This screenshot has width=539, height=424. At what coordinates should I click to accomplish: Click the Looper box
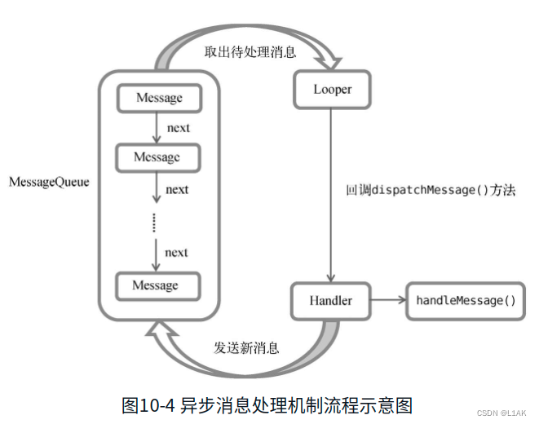pos(331,90)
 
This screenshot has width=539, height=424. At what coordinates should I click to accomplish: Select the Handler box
pos(331,301)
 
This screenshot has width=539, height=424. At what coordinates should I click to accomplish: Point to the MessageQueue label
pos(49,182)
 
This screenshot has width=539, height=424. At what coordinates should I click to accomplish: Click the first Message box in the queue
pos(158,98)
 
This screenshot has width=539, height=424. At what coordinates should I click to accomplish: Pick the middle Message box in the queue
pos(157,156)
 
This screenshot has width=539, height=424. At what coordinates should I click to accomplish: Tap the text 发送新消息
pos(247,347)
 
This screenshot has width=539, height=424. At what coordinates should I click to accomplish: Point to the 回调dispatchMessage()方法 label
pos(430,190)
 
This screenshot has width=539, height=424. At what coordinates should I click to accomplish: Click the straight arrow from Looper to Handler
pos(330,196)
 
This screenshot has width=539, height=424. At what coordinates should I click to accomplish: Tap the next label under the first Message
pos(178,128)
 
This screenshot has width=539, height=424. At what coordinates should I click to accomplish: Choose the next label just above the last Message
pos(176,252)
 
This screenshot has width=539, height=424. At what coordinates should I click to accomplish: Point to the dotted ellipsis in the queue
pos(155,222)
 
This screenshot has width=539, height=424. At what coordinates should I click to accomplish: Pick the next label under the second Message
pos(177,189)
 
